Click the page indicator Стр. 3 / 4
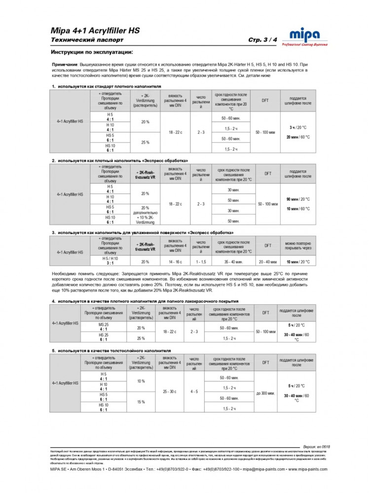263,39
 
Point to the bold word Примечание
64,65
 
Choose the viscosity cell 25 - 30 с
169,391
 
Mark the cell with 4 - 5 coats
195,391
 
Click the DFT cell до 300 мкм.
266,393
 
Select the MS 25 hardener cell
104,326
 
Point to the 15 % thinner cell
141,402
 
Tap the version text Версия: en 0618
316,447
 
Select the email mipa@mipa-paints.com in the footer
265,470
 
